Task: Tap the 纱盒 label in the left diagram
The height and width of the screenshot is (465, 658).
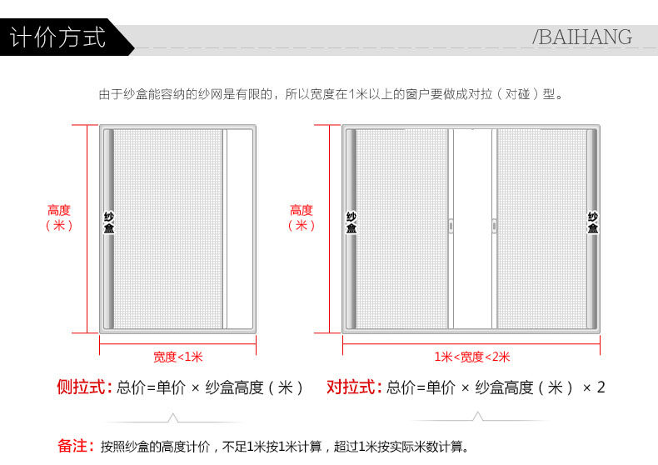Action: pos(108,222)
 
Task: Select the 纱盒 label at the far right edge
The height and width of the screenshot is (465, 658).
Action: pos(593,222)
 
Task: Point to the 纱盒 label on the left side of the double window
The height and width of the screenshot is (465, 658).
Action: pos(351,222)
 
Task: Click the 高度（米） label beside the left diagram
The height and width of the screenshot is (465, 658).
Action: pos(59,217)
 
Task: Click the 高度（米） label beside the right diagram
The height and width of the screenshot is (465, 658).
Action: pos(302,217)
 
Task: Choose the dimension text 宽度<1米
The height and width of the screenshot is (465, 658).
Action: pos(177,357)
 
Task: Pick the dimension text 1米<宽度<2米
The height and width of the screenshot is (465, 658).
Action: pos(471,357)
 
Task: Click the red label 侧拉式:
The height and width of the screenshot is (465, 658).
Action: pos(83,387)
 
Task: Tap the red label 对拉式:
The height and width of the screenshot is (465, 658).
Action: pos(354,387)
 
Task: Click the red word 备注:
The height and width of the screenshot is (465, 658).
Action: pos(75,447)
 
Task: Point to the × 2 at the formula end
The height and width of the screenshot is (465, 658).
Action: pos(593,387)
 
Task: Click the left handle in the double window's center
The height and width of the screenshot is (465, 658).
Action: pos(450,225)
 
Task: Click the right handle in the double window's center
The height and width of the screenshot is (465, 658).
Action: pos(494,225)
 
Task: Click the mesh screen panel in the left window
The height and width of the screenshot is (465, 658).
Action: pos(167,229)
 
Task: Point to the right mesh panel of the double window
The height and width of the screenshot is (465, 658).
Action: pos(541,229)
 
